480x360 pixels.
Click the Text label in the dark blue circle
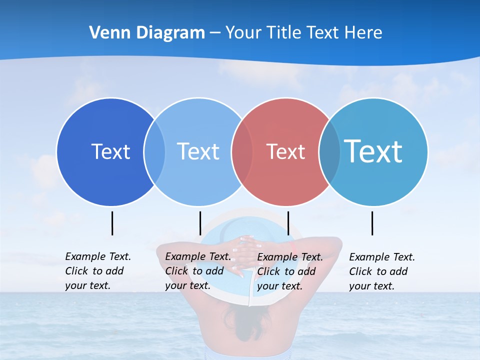click(110, 151)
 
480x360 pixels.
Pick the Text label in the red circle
click(285, 151)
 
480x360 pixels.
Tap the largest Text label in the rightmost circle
click(373, 151)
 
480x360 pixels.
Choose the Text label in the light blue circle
click(198, 151)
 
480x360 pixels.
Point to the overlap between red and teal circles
click(329, 152)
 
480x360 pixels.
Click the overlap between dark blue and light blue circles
click(154, 152)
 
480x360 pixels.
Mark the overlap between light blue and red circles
click(242, 152)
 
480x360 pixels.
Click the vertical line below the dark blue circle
click(112, 223)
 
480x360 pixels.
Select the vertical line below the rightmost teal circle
click(372, 223)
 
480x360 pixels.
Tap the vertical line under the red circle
click(288, 223)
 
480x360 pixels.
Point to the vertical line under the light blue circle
click(200, 223)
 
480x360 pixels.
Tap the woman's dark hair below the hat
click(245, 320)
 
